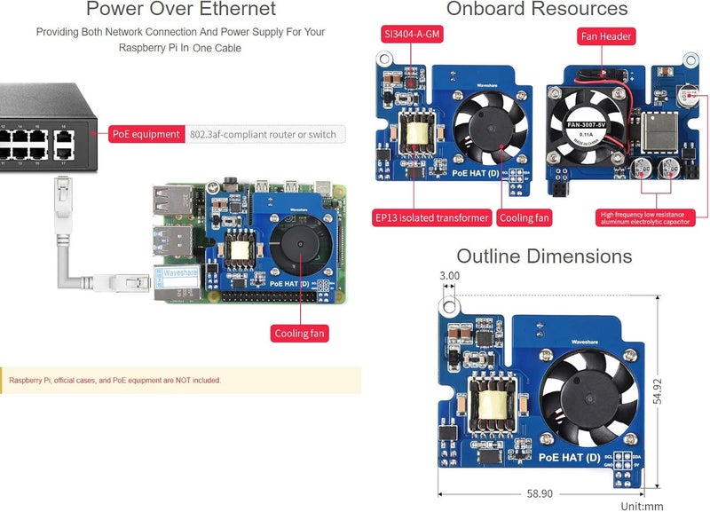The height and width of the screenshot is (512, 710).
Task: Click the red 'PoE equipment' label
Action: coord(146,134)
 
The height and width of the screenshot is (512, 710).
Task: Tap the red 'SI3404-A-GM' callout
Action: coord(410,36)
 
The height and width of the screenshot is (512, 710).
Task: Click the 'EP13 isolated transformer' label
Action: coord(431,217)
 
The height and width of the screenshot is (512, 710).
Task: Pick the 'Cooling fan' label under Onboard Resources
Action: coord(525,217)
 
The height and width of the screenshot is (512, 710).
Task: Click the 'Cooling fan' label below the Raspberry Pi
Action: coord(300,334)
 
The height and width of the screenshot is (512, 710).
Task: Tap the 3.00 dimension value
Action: coord(450,276)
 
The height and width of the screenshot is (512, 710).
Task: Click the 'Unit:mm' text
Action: coord(642,506)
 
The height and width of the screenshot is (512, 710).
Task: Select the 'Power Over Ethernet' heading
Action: coord(181,10)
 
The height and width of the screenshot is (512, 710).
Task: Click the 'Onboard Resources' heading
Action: coord(537,10)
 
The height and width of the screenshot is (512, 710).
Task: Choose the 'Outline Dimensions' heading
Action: coord(544,256)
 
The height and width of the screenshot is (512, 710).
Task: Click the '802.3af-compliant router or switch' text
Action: coord(264,135)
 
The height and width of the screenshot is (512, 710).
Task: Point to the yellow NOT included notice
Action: coord(180,381)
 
